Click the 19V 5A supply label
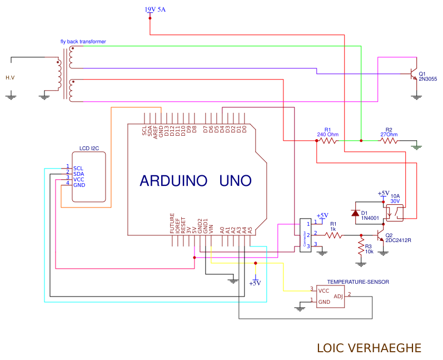[x=155, y=9]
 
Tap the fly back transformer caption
[x=83, y=42]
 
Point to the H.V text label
[x=10, y=77]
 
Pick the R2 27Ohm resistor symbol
[x=389, y=141]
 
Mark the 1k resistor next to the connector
[x=334, y=235]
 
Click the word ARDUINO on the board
[x=173, y=180]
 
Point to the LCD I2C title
[x=89, y=149]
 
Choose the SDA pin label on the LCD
[x=78, y=174]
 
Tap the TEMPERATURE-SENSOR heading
[x=358, y=282]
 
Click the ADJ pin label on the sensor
[x=339, y=296]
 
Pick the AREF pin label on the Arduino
[x=156, y=130]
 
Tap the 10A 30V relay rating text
[x=395, y=199]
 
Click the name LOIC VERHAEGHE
[x=369, y=348]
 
